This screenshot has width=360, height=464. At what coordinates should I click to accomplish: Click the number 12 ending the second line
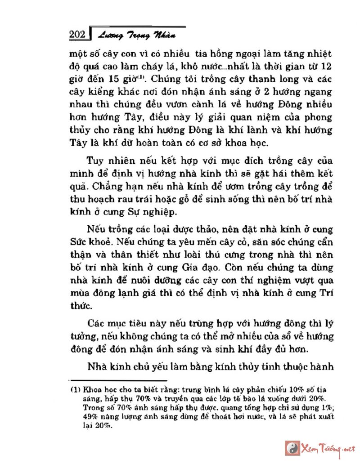click(328, 67)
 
